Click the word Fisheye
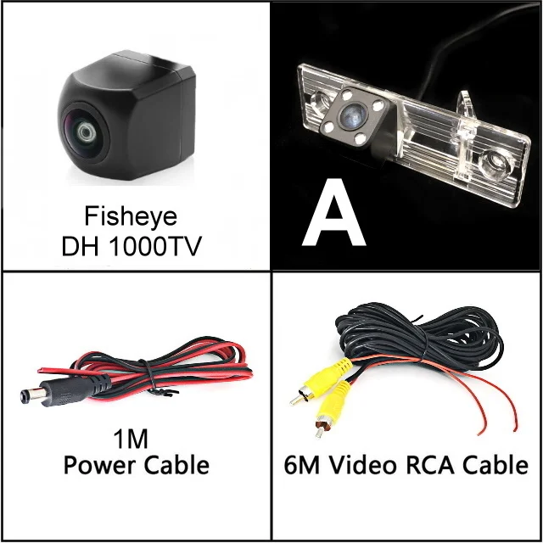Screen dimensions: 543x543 131,217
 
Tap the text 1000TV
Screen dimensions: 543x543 155,247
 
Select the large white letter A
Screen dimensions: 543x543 333,212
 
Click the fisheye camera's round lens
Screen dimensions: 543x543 84,132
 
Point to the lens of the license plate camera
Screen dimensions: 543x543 353,114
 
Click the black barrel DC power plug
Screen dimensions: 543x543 66,390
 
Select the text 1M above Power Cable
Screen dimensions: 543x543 131,439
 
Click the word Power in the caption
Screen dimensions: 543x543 101,465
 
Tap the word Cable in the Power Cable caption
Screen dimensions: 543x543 176,464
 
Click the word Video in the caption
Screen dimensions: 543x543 362,465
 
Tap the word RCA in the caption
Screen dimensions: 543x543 429,465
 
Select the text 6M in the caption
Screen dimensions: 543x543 302,465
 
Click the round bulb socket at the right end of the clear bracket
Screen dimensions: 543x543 493,163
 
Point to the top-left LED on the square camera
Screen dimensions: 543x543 347,94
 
